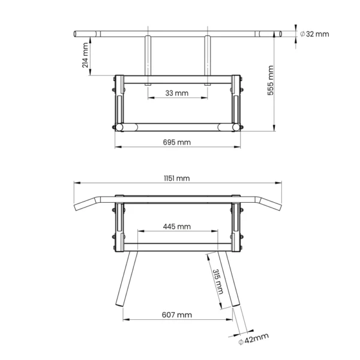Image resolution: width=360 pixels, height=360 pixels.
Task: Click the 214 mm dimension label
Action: click(x=85, y=55)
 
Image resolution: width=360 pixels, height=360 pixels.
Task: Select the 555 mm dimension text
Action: click(x=271, y=80)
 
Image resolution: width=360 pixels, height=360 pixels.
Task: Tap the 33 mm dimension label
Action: click(x=177, y=93)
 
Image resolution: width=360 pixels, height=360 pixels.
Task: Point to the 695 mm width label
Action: click(x=177, y=142)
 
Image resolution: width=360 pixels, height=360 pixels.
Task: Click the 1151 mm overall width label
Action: click(x=177, y=178)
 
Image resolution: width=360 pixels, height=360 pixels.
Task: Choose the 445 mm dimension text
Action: click(x=177, y=227)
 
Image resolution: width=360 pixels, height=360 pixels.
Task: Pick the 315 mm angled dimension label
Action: click(x=218, y=282)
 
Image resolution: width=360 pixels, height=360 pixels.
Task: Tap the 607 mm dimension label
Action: click(x=177, y=315)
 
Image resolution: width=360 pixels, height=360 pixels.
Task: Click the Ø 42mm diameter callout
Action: click(x=253, y=339)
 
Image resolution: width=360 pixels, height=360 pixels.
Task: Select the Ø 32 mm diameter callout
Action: click(x=314, y=34)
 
